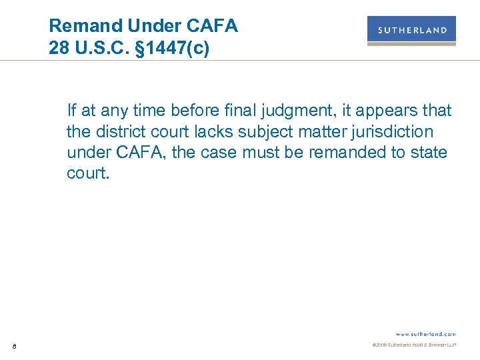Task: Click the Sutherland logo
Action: pyautogui.click(x=411, y=30)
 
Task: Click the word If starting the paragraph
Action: pyautogui.click(x=71, y=110)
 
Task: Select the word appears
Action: pyautogui.click(x=391, y=110)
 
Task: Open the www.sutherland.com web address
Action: pyautogui.click(x=425, y=333)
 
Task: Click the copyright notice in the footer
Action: pyautogui.click(x=413, y=345)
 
